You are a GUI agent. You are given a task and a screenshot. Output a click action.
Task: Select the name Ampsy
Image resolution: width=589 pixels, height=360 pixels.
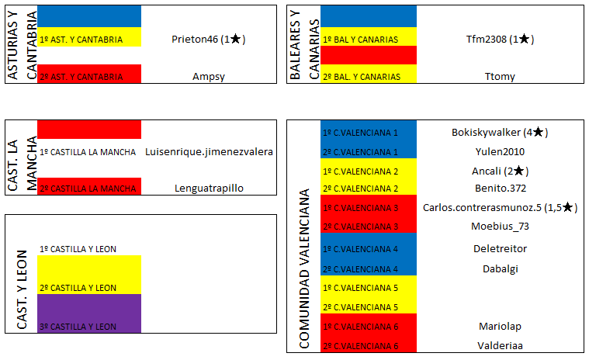pyautogui.click(x=208, y=76)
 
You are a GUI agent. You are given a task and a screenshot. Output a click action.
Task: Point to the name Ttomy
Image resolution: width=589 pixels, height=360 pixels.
pyautogui.click(x=499, y=76)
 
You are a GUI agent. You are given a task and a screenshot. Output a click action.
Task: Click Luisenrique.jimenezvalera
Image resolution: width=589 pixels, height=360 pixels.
pyautogui.click(x=209, y=151)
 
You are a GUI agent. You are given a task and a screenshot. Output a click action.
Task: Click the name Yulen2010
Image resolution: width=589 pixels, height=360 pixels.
pyautogui.click(x=500, y=151)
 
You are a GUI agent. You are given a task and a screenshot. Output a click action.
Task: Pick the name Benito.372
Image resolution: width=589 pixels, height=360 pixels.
pyautogui.click(x=500, y=189)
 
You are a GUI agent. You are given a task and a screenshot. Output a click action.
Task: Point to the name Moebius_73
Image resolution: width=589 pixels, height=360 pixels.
pyautogui.click(x=500, y=226)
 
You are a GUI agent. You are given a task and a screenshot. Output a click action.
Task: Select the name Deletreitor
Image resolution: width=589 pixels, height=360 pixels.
pyautogui.click(x=500, y=249)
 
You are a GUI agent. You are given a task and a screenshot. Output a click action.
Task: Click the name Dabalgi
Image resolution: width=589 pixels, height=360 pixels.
pyautogui.click(x=500, y=268)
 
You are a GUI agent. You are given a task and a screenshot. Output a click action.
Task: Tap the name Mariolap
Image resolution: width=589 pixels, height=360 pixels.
pyautogui.click(x=500, y=327)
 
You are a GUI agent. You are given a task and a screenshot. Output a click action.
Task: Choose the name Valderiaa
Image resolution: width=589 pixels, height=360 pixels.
pyautogui.click(x=500, y=345)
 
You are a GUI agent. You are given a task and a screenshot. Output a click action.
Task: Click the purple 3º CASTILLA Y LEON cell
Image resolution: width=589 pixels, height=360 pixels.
pyautogui.click(x=88, y=314)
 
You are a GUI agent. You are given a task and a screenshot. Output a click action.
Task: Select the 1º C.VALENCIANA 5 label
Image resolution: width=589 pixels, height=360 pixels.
pyautogui.click(x=361, y=288)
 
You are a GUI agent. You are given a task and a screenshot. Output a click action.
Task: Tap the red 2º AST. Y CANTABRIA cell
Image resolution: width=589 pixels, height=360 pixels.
pyautogui.click(x=88, y=76)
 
